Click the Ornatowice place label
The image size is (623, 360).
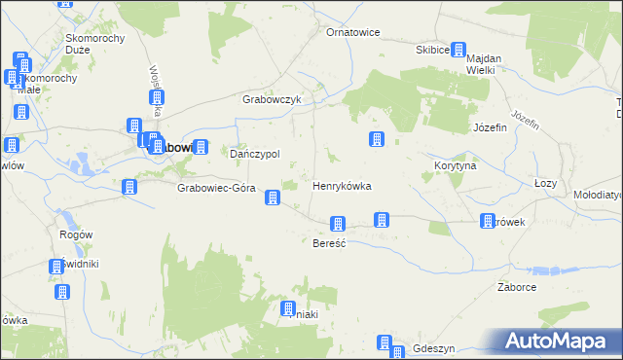click(352, 32)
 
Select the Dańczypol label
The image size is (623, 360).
click(254, 154)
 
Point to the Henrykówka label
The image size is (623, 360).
click(341, 185)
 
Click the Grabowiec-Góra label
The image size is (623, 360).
click(215, 188)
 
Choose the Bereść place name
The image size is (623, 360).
click(329, 242)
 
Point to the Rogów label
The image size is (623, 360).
click(75, 234)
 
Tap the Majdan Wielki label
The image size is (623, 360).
click(482, 63)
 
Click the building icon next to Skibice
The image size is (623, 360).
click(458, 50)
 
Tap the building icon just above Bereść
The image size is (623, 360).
click(338, 224)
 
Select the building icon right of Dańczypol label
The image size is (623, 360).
click(200, 148)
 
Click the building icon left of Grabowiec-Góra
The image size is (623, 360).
click(128, 187)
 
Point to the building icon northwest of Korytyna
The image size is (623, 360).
click(376, 140)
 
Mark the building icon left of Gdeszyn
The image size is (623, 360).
click(385, 343)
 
